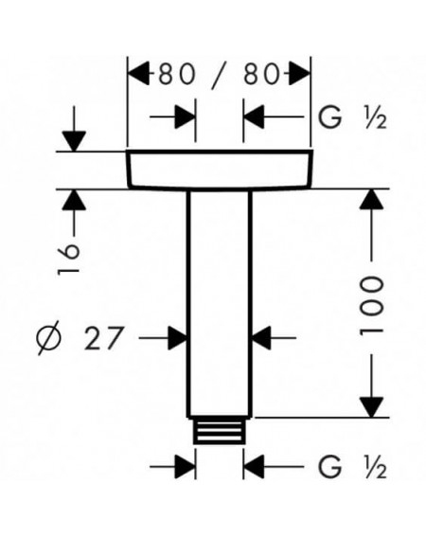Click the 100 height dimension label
371,306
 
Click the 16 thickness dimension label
68,259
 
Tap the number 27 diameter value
103,338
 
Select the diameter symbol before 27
49,338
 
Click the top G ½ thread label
353,117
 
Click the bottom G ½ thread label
353,467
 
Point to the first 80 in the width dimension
176,74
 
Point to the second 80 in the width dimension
261,74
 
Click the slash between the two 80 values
220,75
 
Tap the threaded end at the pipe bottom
220,431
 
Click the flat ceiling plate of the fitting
220,170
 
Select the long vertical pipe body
220,303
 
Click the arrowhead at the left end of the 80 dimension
139,73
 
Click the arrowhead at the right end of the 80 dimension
300,73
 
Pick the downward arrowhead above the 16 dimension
74,141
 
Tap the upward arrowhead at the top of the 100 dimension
371,199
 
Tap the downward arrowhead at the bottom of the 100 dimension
371,407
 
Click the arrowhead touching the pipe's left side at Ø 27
177,338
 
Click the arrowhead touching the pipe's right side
261,338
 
